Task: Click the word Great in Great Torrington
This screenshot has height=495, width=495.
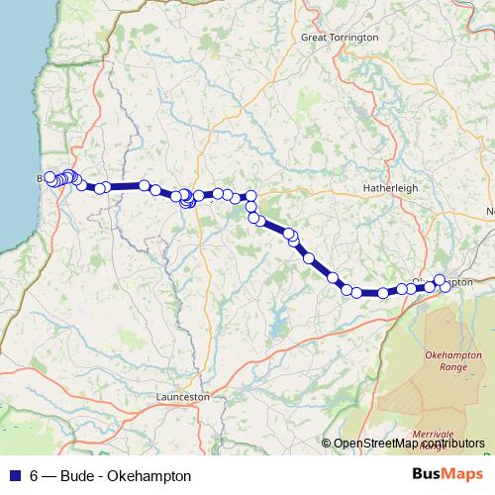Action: [314, 37]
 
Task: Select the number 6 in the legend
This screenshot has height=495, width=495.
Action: [34, 476]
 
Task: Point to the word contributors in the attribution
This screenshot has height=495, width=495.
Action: [450, 443]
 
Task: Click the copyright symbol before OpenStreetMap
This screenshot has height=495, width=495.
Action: [327, 443]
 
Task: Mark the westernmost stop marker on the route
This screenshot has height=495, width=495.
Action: [49, 177]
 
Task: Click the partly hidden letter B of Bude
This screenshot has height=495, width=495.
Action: [41, 178]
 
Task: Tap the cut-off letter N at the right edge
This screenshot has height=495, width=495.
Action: [490, 211]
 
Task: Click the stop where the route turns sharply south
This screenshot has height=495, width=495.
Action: [251, 196]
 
